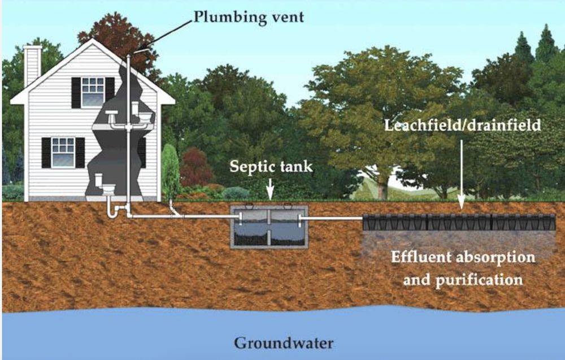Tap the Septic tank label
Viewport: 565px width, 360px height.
point(271,167)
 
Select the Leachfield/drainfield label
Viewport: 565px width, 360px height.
point(463,125)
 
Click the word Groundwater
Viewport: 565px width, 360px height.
point(284,342)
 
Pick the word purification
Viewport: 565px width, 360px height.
point(479,280)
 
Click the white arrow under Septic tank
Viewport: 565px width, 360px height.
point(270,188)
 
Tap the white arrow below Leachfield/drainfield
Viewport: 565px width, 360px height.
point(461,175)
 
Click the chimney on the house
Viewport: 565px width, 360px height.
point(32,66)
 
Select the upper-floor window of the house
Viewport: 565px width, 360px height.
point(93,93)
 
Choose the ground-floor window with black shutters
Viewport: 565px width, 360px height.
point(63,153)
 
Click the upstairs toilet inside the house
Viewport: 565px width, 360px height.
point(142,113)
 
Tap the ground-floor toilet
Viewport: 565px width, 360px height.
point(105,184)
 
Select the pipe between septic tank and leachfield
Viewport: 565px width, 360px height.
point(331,218)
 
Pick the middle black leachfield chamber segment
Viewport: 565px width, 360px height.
point(459,222)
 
